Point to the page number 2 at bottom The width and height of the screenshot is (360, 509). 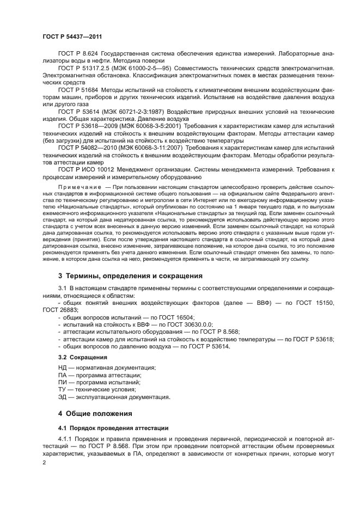click(45, 462)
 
